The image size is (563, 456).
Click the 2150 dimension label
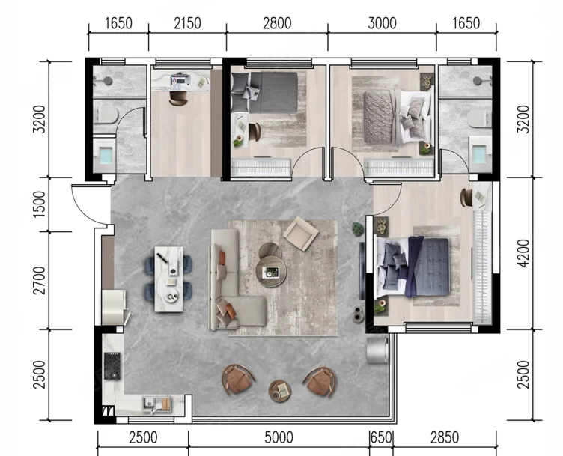point(187,24)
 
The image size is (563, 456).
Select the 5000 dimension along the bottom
point(279,438)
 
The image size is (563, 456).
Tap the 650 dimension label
point(381,438)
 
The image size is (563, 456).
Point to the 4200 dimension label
point(524,253)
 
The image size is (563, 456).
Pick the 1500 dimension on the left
point(39,204)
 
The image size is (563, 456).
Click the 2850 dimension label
point(445,438)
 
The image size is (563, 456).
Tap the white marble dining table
point(168,279)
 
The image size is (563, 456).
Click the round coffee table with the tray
point(271,272)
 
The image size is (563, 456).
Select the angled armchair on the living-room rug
point(301,233)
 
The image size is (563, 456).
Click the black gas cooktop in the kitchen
point(112,366)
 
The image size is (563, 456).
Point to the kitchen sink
point(157,404)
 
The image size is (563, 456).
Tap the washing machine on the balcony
point(378,349)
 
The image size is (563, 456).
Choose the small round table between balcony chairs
point(280,391)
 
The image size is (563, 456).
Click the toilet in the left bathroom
point(106,115)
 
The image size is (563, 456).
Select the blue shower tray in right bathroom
point(480,153)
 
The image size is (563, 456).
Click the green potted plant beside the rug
point(358,229)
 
